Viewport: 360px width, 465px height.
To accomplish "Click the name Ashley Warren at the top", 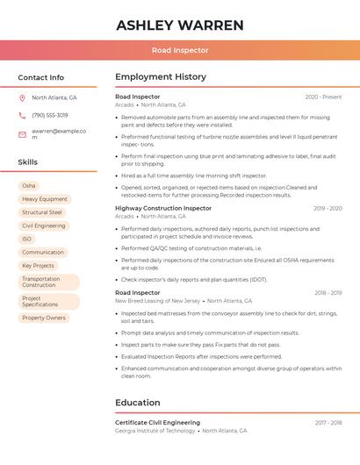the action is coord(180,25).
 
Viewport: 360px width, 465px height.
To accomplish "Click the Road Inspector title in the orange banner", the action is coord(180,51).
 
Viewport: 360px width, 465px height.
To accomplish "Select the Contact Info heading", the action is coord(41,77).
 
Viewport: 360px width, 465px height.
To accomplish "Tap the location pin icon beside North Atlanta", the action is coord(22,98).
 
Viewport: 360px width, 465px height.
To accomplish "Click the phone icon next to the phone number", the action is coord(22,116).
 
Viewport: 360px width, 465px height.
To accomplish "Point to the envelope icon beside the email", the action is coord(22,134).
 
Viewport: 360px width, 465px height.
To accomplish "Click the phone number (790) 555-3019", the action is coord(49,116).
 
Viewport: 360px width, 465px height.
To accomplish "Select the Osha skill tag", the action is coord(29,186).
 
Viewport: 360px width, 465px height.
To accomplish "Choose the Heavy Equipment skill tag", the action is coord(45,199).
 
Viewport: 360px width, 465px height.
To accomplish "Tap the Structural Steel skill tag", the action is coord(42,212).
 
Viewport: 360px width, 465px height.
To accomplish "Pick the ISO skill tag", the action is coord(27,239).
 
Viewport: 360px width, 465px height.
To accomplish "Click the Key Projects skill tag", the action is coord(38,265).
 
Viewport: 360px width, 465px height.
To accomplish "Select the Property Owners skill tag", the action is coord(44,318).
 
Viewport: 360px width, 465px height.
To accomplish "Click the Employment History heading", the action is coord(161,77).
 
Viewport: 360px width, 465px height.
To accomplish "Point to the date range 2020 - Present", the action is coord(323,97).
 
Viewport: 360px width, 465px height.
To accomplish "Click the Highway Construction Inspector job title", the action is coord(163,209).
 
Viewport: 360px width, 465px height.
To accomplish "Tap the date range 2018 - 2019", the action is coord(328,293).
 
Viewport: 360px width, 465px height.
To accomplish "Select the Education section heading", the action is coord(138,403).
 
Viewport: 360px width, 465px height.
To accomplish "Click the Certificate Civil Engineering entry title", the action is coord(158,423).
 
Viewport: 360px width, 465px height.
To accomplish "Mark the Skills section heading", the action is coord(28,162).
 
